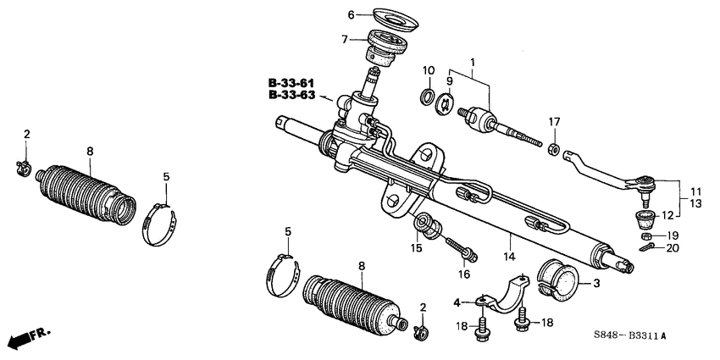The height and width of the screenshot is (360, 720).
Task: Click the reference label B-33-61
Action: click(291, 83)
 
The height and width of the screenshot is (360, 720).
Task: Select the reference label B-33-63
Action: click(291, 96)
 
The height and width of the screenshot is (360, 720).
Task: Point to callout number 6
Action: click(351, 14)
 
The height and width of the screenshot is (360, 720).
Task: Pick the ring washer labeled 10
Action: click(428, 92)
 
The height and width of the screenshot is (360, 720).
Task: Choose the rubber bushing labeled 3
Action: click(557, 279)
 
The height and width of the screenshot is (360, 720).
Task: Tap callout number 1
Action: click(474, 62)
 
